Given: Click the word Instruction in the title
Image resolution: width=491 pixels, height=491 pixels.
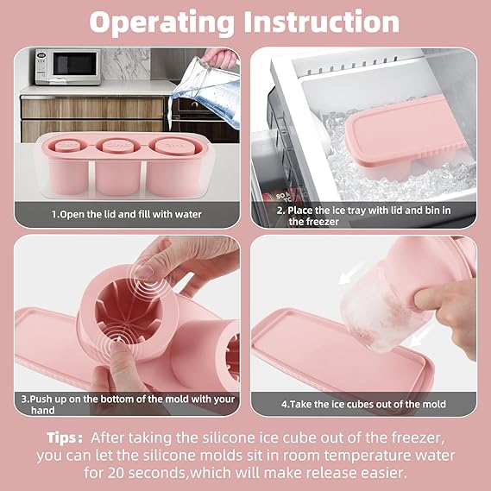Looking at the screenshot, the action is tap(322, 22).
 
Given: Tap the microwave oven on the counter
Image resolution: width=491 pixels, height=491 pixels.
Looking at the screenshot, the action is tap(68, 66).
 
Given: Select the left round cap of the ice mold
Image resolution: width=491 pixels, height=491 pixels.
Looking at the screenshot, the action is tap(68, 146).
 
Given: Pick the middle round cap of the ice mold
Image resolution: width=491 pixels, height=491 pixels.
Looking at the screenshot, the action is tap(117, 145).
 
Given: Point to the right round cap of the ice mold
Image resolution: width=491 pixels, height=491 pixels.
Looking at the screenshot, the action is tap(170, 145).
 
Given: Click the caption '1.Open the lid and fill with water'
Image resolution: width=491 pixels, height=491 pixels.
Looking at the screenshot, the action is tap(127, 215).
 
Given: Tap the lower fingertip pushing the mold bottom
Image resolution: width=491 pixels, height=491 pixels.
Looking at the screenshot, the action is tap(118, 347).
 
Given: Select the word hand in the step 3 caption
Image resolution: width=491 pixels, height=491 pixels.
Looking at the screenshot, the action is tap(42, 410).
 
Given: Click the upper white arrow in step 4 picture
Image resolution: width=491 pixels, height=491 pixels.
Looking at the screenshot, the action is tap(350, 274).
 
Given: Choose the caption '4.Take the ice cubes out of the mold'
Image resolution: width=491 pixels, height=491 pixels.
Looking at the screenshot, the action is tap(363, 404).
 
